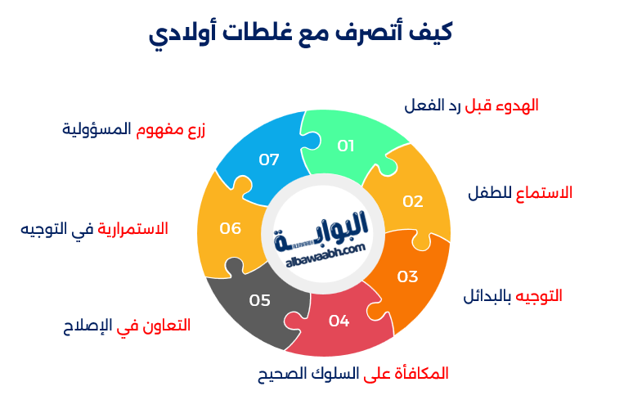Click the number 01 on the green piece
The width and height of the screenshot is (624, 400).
click(346, 146)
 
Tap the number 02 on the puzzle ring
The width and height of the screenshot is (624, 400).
click(413, 201)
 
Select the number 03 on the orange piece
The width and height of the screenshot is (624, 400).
click(407, 276)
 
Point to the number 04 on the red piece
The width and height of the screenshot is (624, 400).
click(339, 321)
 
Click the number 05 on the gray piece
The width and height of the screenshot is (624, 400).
click(260, 301)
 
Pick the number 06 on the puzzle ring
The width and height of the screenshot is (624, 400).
click(231, 228)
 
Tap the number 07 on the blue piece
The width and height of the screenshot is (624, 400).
click(269, 160)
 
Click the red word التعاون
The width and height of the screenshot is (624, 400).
click(167, 326)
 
